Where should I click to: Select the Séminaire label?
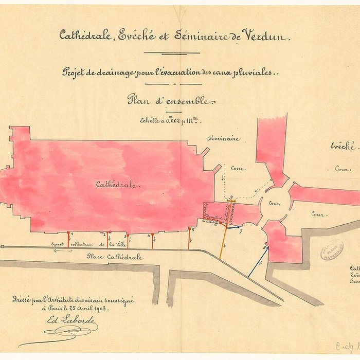point(223,138)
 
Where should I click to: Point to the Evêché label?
point(343,146)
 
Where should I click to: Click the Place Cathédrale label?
point(115,257)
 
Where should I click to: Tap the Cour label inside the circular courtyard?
point(274,203)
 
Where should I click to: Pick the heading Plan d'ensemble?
point(169,101)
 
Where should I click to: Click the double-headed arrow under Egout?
point(63,251)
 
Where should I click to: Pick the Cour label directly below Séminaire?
point(238,168)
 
